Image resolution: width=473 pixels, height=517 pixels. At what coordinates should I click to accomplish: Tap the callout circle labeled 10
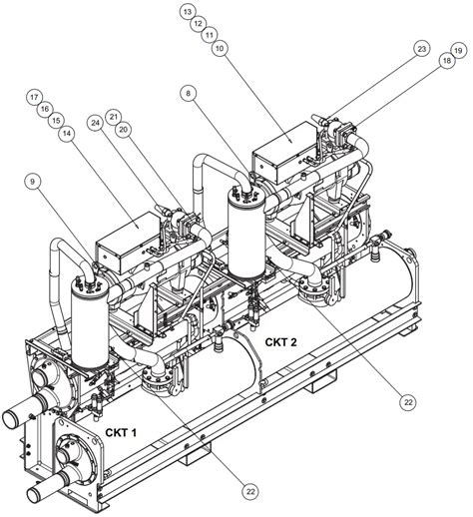coord(219,47)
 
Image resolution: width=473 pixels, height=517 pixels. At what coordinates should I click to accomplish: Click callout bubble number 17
coord(34,97)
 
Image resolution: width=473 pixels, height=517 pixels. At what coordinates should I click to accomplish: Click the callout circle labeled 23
coord(422,49)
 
